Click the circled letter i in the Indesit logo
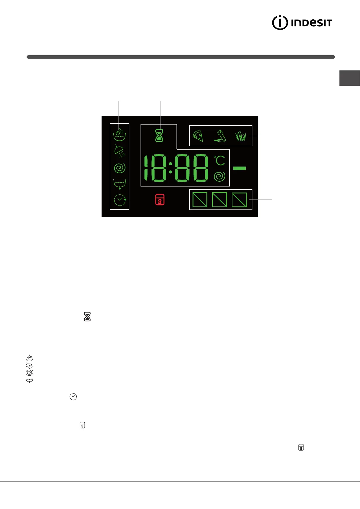[x=280, y=22]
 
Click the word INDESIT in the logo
[x=311, y=23]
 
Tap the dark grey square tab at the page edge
[x=349, y=78]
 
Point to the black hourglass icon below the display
[x=87, y=316]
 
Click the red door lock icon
[x=160, y=200]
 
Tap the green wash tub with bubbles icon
[x=119, y=135]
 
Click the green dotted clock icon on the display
[x=120, y=200]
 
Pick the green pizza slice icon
[x=198, y=136]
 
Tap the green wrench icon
[x=220, y=136]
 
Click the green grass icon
[x=241, y=136]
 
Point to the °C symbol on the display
[x=219, y=160]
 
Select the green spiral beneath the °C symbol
[x=219, y=176]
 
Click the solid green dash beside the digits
[x=239, y=168]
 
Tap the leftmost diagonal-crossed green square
[x=200, y=200]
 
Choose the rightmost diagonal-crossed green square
[x=239, y=200]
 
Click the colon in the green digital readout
[x=170, y=168]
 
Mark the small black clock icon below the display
[x=73, y=397]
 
